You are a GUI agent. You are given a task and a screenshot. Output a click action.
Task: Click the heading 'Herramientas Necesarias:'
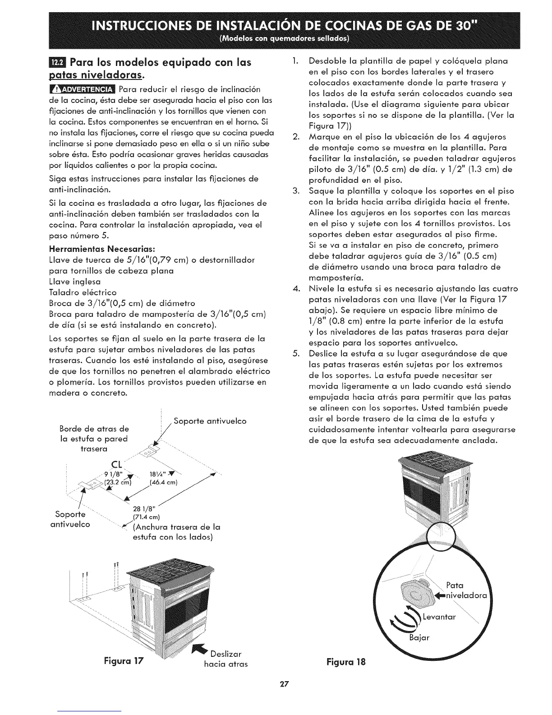pos(101,249)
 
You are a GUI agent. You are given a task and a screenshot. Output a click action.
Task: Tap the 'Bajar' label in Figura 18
pos(419,638)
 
